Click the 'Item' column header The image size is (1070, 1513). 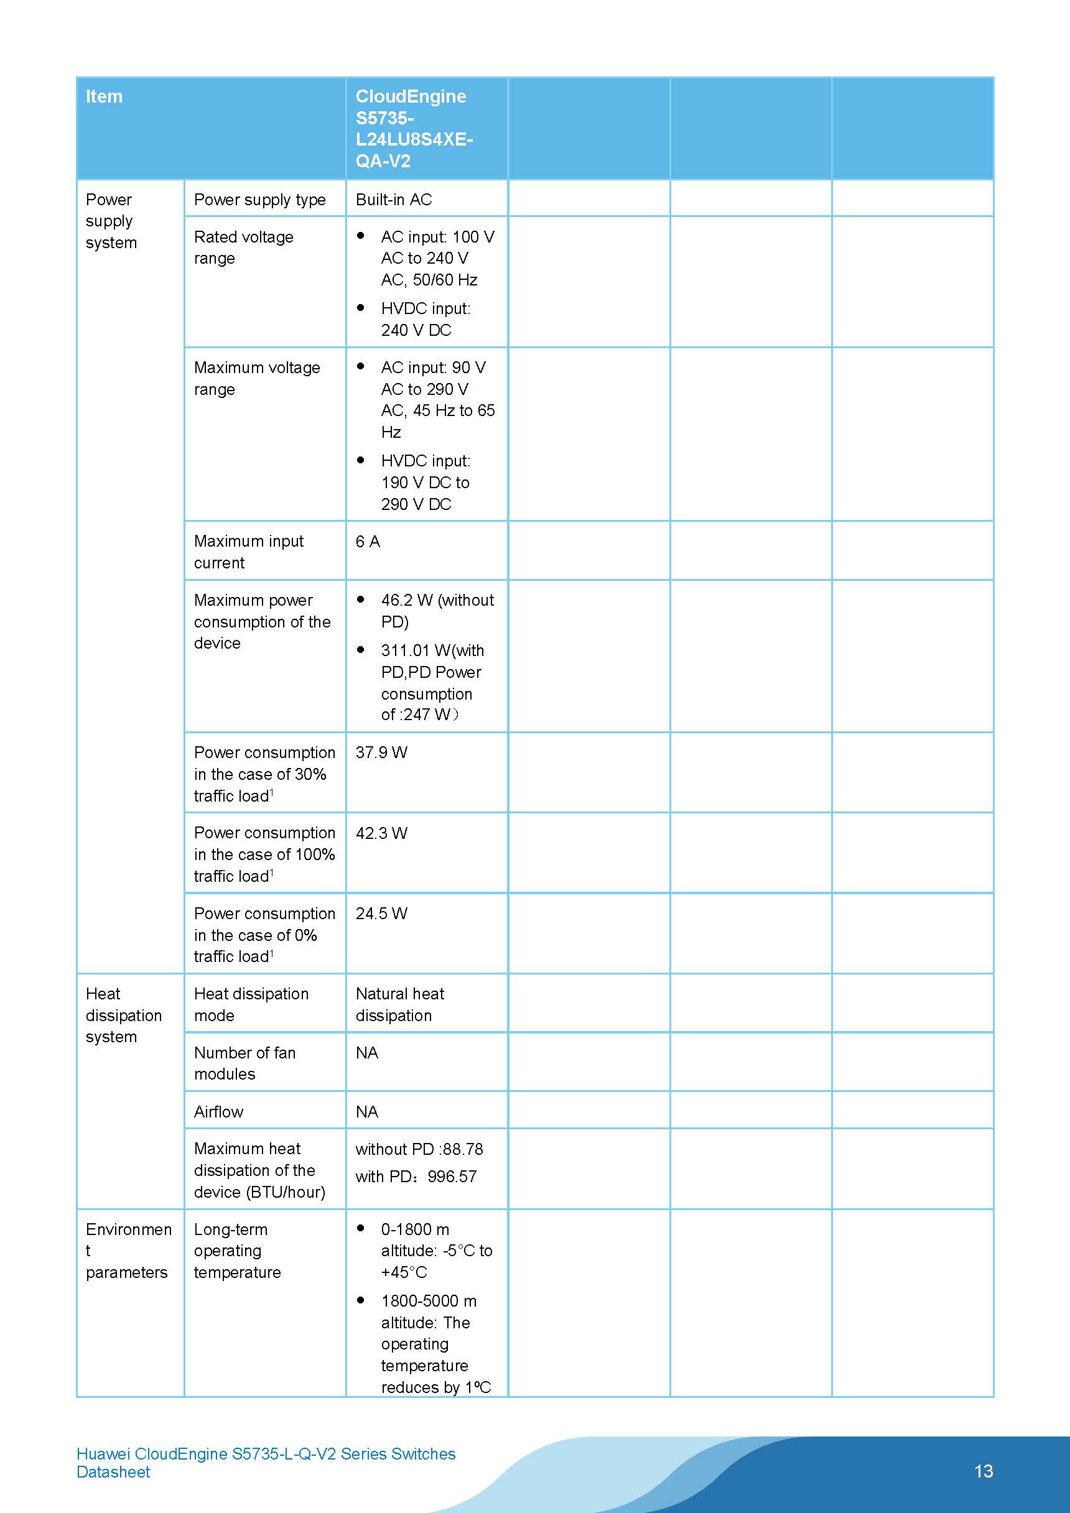tap(104, 96)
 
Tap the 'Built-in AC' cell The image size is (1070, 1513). tap(394, 200)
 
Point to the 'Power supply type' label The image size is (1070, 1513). tap(260, 200)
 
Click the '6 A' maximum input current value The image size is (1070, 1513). tap(368, 542)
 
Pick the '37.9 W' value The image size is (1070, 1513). tap(382, 752)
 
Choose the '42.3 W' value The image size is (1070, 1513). tap(382, 833)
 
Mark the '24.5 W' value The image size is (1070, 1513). tap(382, 914)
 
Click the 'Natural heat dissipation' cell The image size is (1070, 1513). tap(399, 1004)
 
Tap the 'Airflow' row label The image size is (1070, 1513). tap(218, 1112)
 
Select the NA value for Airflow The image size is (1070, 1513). tap(367, 1112)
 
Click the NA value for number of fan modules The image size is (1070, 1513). tap(367, 1053)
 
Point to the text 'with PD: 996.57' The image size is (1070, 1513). tap(416, 1177)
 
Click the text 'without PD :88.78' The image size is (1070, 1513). tap(419, 1149)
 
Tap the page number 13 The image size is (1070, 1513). tap(983, 1471)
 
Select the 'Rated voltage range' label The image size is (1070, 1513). tap(243, 247)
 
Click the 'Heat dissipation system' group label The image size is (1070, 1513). tap(123, 1015)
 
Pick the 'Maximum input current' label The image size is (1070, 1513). tap(249, 552)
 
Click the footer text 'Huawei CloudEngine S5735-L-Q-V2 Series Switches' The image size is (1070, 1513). tap(266, 1454)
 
